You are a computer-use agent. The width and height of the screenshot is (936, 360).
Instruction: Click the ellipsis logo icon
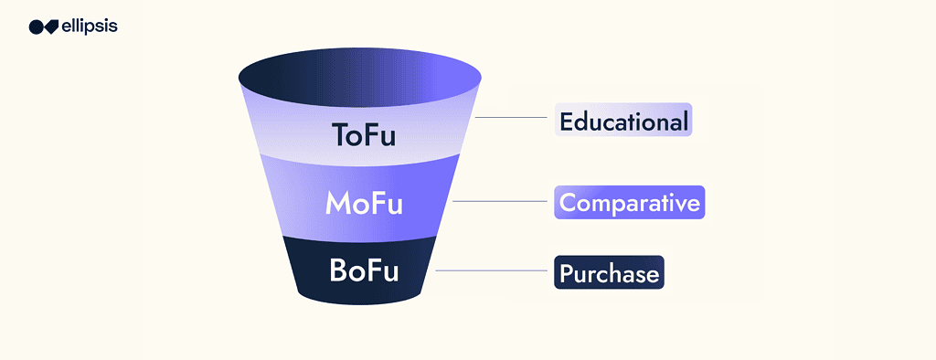[44, 26]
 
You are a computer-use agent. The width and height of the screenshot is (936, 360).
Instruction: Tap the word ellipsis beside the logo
[89, 26]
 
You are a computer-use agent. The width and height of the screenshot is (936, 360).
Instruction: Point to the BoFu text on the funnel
[365, 271]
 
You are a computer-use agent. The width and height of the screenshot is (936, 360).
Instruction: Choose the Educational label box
[623, 121]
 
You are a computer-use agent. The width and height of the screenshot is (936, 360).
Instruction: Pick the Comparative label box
[629, 202]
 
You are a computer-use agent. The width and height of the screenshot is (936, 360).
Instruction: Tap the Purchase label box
[609, 273]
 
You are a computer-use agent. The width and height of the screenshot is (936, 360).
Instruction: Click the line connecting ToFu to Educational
[512, 118]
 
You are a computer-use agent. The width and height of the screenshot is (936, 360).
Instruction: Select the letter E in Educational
[567, 121]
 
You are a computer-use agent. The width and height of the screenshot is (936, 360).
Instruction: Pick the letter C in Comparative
[569, 202]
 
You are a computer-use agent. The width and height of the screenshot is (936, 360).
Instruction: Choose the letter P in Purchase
[567, 273]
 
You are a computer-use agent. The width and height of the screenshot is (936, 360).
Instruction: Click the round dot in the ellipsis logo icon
[36, 26]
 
